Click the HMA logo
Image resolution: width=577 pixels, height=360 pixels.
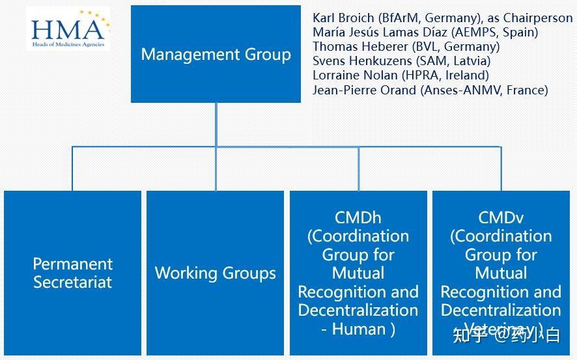(68, 30)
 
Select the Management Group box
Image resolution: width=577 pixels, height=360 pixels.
(216, 54)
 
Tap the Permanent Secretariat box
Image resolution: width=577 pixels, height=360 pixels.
(72, 273)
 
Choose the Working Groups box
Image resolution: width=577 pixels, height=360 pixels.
(215, 273)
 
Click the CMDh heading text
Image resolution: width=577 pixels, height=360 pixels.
(358, 217)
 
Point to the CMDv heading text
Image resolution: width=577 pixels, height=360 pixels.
(501, 217)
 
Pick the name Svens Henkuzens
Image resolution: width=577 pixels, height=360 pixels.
(358, 61)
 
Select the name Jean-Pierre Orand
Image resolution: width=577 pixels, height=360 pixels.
(364, 90)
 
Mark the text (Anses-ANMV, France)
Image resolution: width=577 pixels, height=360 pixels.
(484, 90)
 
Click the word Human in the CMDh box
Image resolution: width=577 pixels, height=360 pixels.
(359, 329)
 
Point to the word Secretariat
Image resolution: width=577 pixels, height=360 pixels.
(72, 283)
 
